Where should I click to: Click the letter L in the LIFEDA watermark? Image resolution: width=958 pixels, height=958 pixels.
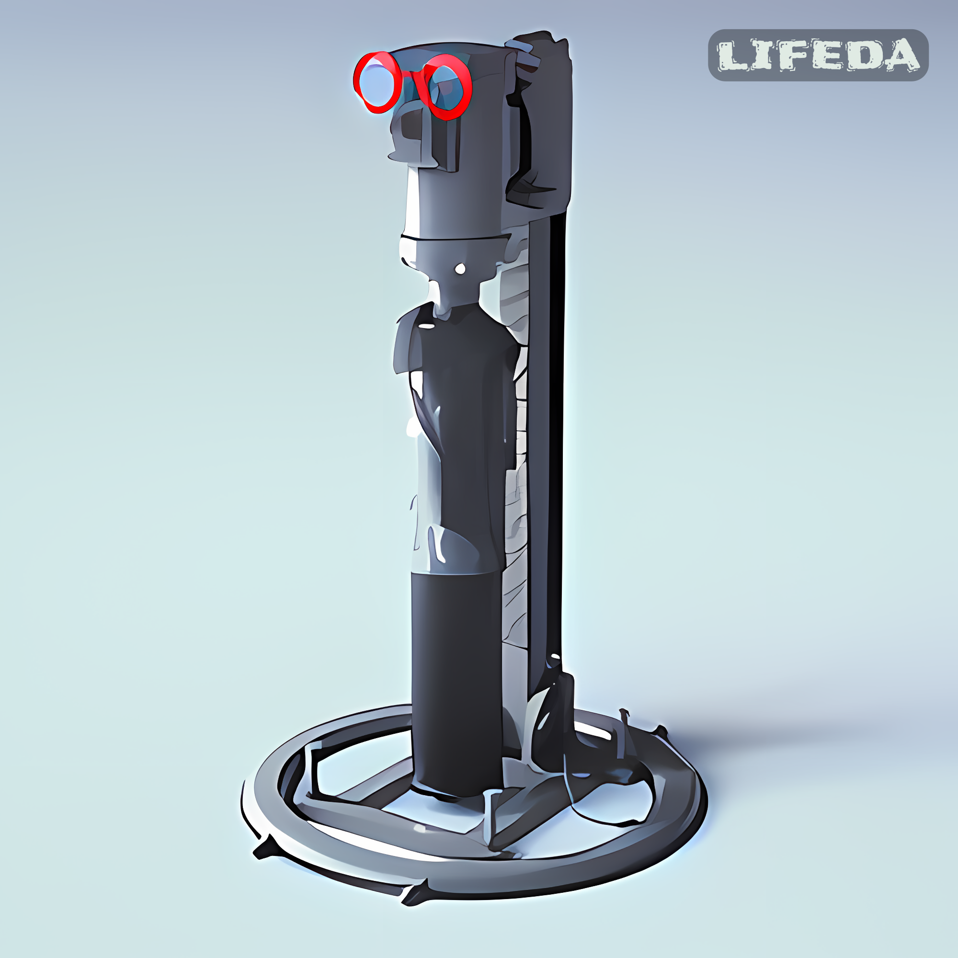coord(734,56)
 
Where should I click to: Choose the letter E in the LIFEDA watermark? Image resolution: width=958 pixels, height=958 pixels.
coord(829,56)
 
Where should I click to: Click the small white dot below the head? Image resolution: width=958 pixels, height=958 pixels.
coord(461,269)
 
